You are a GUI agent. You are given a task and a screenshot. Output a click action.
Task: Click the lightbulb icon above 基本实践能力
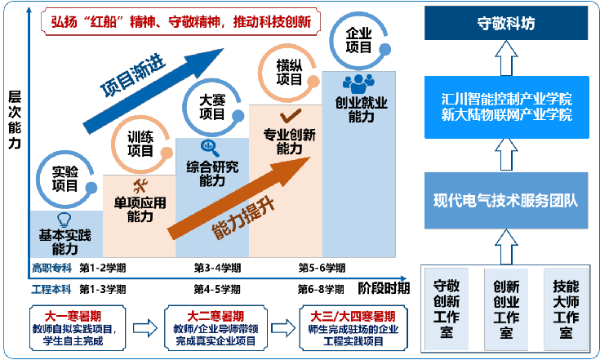tap(64, 219)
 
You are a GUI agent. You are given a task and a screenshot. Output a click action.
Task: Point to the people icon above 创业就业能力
tap(358, 83)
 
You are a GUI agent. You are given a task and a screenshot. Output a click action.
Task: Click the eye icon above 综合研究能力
tap(210, 147)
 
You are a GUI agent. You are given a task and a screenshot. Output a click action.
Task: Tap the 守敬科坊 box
tap(505, 23)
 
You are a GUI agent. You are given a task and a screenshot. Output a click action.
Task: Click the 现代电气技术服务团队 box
tap(505, 199)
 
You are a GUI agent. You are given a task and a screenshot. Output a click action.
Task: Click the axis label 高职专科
tap(51, 268)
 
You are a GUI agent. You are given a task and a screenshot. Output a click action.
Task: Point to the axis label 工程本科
tap(51, 289)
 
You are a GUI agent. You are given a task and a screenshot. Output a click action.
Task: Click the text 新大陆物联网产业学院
tap(505, 115)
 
